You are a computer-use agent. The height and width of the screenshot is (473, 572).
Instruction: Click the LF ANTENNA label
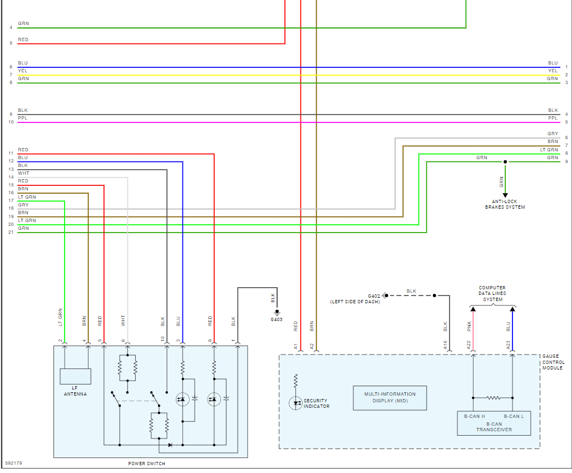(x=75, y=391)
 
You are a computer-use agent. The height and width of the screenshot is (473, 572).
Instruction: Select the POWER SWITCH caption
(x=146, y=464)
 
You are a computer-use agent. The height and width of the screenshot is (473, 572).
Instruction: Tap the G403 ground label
(x=277, y=319)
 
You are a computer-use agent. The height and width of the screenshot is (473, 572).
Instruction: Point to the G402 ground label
(x=373, y=296)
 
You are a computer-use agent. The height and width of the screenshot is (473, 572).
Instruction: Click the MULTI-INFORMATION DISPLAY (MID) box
(x=389, y=397)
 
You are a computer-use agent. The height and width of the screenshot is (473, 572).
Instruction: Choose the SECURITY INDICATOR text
(x=317, y=403)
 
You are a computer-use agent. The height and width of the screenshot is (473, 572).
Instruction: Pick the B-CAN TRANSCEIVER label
(x=494, y=426)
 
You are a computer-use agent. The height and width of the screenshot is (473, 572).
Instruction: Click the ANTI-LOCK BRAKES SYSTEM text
(x=505, y=204)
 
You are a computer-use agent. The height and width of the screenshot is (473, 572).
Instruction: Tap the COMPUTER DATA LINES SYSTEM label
(x=492, y=294)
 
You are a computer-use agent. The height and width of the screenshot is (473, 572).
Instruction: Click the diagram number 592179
(x=14, y=463)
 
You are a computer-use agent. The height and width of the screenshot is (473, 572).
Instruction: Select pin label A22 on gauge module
(x=469, y=345)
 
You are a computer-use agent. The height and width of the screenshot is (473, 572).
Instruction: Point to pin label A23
(x=509, y=345)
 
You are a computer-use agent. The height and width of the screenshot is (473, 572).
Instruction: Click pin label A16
(x=446, y=345)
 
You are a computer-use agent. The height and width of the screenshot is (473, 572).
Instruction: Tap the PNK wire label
(x=469, y=327)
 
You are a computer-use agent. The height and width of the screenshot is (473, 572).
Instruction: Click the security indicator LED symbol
(x=295, y=403)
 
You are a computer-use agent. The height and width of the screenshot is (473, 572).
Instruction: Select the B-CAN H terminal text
(x=474, y=416)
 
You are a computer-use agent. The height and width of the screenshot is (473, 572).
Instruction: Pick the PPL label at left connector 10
(x=22, y=118)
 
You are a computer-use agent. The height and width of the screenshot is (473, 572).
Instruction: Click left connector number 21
(x=11, y=232)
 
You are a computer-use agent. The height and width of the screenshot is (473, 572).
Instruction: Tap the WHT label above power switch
(x=124, y=321)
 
